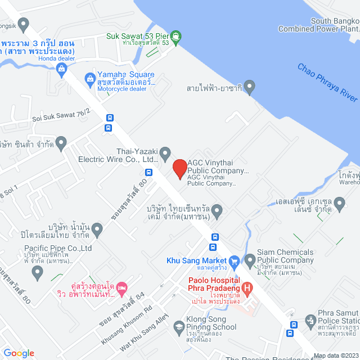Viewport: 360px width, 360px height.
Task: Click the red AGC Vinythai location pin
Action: click(179, 168)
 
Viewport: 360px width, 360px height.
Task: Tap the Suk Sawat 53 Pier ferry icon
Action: click(177, 37)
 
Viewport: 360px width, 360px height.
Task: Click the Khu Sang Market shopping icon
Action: click(234, 260)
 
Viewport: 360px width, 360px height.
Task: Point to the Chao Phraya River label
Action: click(327, 83)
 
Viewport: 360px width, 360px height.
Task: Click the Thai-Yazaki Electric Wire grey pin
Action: click(165, 152)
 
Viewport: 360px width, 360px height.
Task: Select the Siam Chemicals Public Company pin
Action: click(250, 259)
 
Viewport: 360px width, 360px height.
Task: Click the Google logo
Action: click(19, 353)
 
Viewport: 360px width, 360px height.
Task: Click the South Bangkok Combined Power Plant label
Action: click(334, 25)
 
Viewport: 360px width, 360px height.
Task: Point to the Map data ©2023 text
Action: click(335, 355)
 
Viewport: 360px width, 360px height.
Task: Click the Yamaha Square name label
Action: click(126, 75)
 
